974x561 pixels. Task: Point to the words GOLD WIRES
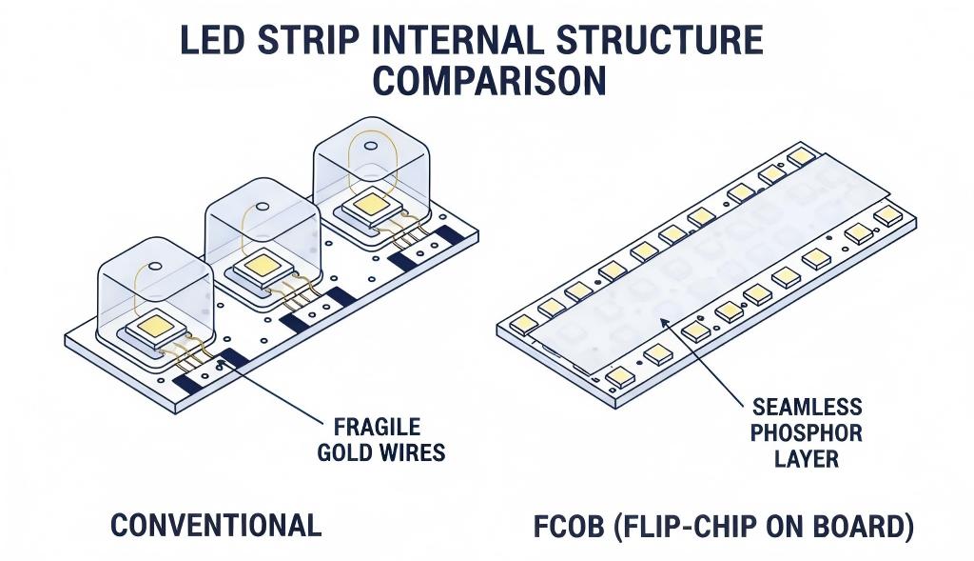click(x=380, y=451)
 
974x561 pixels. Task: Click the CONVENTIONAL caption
click(x=216, y=525)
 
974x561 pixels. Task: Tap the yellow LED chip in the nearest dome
click(x=152, y=328)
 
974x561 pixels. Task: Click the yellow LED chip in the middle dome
click(x=259, y=267)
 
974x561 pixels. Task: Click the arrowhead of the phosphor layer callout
click(x=664, y=322)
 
